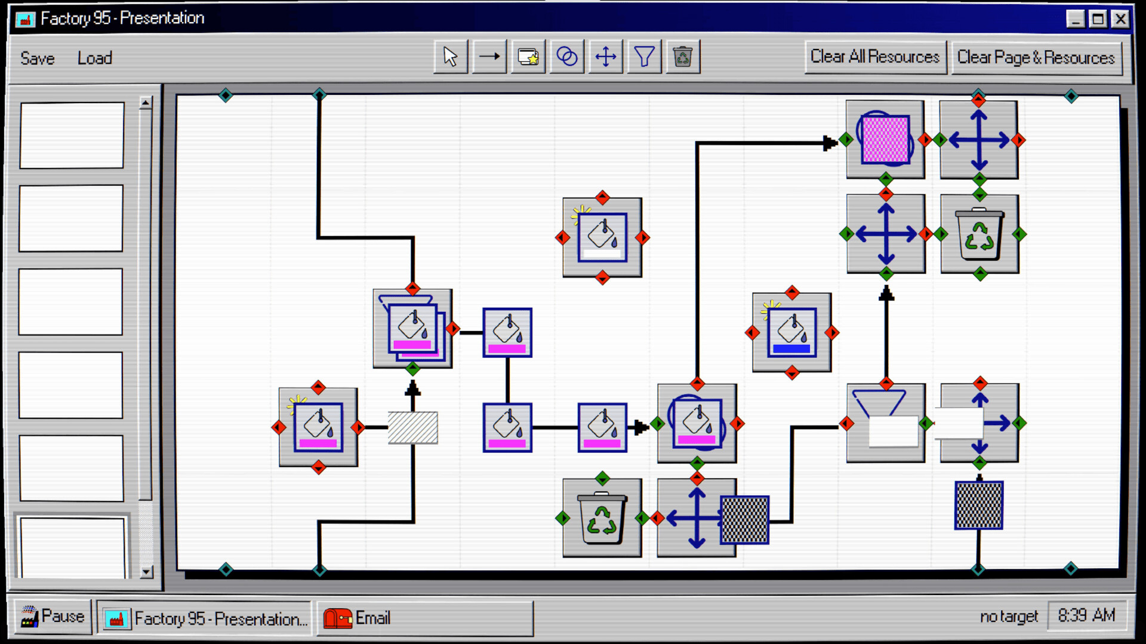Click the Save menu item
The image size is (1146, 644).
click(x=37, y=58)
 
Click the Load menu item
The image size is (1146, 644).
click(x=94, y=58)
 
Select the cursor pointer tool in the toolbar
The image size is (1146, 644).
click(x=451, y=57)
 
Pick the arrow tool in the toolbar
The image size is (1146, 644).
click(x=489, y=57)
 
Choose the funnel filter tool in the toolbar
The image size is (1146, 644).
click(x=644, y=57)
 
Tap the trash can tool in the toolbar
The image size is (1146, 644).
click(x=682, y=57)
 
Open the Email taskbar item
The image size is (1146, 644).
click(x=424, y=618)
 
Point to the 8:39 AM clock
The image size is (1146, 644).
click(x=1086, y=615)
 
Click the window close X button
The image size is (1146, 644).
click(x=1120, y=19)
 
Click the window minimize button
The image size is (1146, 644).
click(x=1075, y=19)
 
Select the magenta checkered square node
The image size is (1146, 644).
click(x=885, y=140)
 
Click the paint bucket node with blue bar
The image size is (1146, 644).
click(x=791, y=333)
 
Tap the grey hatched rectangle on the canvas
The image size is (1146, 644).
click(x=412, y=428)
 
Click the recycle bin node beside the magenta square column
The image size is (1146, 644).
click(x=979, y=234)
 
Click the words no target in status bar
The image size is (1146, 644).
click(x=1009, y=617)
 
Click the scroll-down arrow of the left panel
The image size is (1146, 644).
click(x=146, y=572)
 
